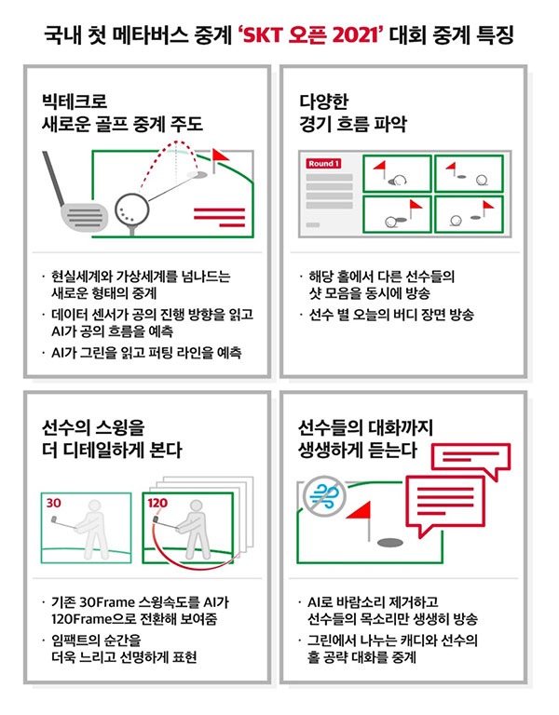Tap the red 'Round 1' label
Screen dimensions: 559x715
(323, 164)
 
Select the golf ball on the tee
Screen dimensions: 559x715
(132, 209)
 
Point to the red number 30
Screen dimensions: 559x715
(53, 503)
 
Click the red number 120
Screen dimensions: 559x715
(157, 503)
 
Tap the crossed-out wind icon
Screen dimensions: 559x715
(325, 495)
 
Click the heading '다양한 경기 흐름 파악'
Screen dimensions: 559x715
(353, 112)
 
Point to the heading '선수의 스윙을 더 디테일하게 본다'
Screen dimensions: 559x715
(112, 438)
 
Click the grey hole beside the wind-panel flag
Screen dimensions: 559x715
(390, 542)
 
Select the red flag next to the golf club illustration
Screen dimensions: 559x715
(220, 159)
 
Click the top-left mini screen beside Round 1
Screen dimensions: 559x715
(397, 173)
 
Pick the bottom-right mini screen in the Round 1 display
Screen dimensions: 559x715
(470, 214)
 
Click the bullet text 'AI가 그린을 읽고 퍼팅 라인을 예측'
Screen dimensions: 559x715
(146, 353)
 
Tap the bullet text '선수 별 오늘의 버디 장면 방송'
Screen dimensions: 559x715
(391, 314)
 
